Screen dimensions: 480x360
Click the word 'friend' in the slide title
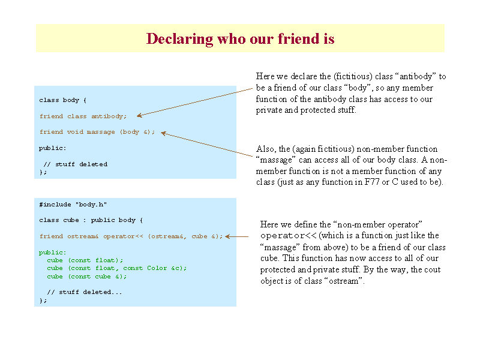297,38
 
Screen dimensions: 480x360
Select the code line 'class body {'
63,100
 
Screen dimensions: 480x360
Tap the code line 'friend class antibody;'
83,116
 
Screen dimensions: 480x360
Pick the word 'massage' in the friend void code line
101,132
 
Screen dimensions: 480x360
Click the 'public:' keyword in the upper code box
53,148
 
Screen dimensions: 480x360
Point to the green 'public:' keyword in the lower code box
53,253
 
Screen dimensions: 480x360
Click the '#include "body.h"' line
73,205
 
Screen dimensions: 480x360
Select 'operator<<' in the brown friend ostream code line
123,236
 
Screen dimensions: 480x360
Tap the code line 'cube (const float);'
85,260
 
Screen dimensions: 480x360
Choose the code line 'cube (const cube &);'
87,277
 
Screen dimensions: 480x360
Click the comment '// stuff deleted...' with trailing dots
85,292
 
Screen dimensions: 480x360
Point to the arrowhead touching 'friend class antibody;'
139,115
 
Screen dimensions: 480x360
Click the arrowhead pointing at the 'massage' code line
163,133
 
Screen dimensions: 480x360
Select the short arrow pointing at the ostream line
236,236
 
